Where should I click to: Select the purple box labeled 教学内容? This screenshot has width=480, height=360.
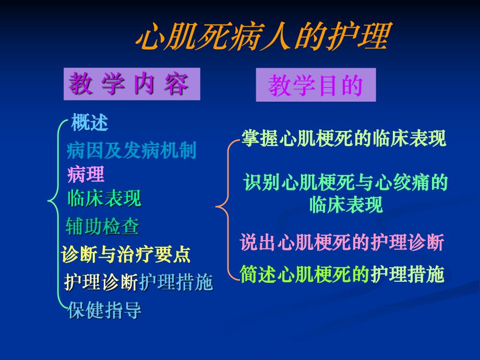(131, 84)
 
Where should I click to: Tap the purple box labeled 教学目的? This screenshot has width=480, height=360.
(316, 86)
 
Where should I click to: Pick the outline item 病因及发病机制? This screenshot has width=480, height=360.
(131, 151)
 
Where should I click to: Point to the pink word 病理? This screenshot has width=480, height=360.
(86, 174)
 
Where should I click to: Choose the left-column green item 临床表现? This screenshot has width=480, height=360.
(104, 198)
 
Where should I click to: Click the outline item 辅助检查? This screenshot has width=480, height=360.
(102, 226)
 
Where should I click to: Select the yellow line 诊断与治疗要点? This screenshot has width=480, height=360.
(126, 255)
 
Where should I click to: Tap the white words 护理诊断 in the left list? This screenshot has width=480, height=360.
(101, 283)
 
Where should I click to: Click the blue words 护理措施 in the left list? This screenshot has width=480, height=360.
(176, 283)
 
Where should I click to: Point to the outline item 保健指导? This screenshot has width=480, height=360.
(104, 311)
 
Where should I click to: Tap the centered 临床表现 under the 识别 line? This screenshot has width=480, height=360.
(346, 205)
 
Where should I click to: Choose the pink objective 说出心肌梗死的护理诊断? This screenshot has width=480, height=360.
(342, 243)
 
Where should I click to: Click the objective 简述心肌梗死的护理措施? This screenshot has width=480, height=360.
(342, 273)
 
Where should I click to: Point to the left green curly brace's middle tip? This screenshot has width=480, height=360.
(48, 199)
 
